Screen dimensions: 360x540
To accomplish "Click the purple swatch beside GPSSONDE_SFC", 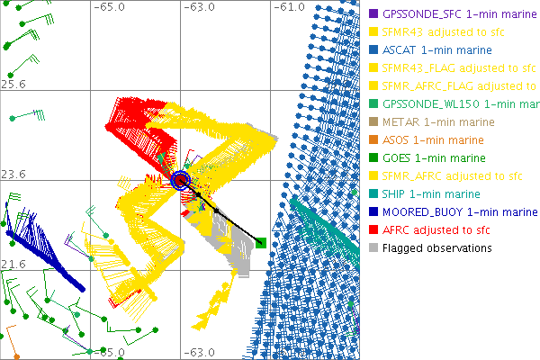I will [373, 13].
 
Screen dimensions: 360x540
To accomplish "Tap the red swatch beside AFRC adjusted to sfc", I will [373, 229].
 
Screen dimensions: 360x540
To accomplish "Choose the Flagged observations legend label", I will [437, 247].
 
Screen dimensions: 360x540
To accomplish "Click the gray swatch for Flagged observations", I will [373, 247].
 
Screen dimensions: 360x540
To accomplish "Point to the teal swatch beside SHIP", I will [373, 193].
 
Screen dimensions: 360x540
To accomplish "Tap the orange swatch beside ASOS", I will [373, 139].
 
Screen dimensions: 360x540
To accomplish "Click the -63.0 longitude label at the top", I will [199, 7].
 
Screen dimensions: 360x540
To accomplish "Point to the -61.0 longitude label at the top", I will [288, 7].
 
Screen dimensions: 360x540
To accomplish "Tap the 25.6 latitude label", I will [13, 84].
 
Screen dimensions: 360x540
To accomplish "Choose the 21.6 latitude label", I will [13, 264].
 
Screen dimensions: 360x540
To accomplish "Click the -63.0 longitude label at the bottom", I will [199, 353].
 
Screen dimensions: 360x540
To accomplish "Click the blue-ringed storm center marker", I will [182, 180].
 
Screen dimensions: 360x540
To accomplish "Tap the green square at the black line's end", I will [260, 241].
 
